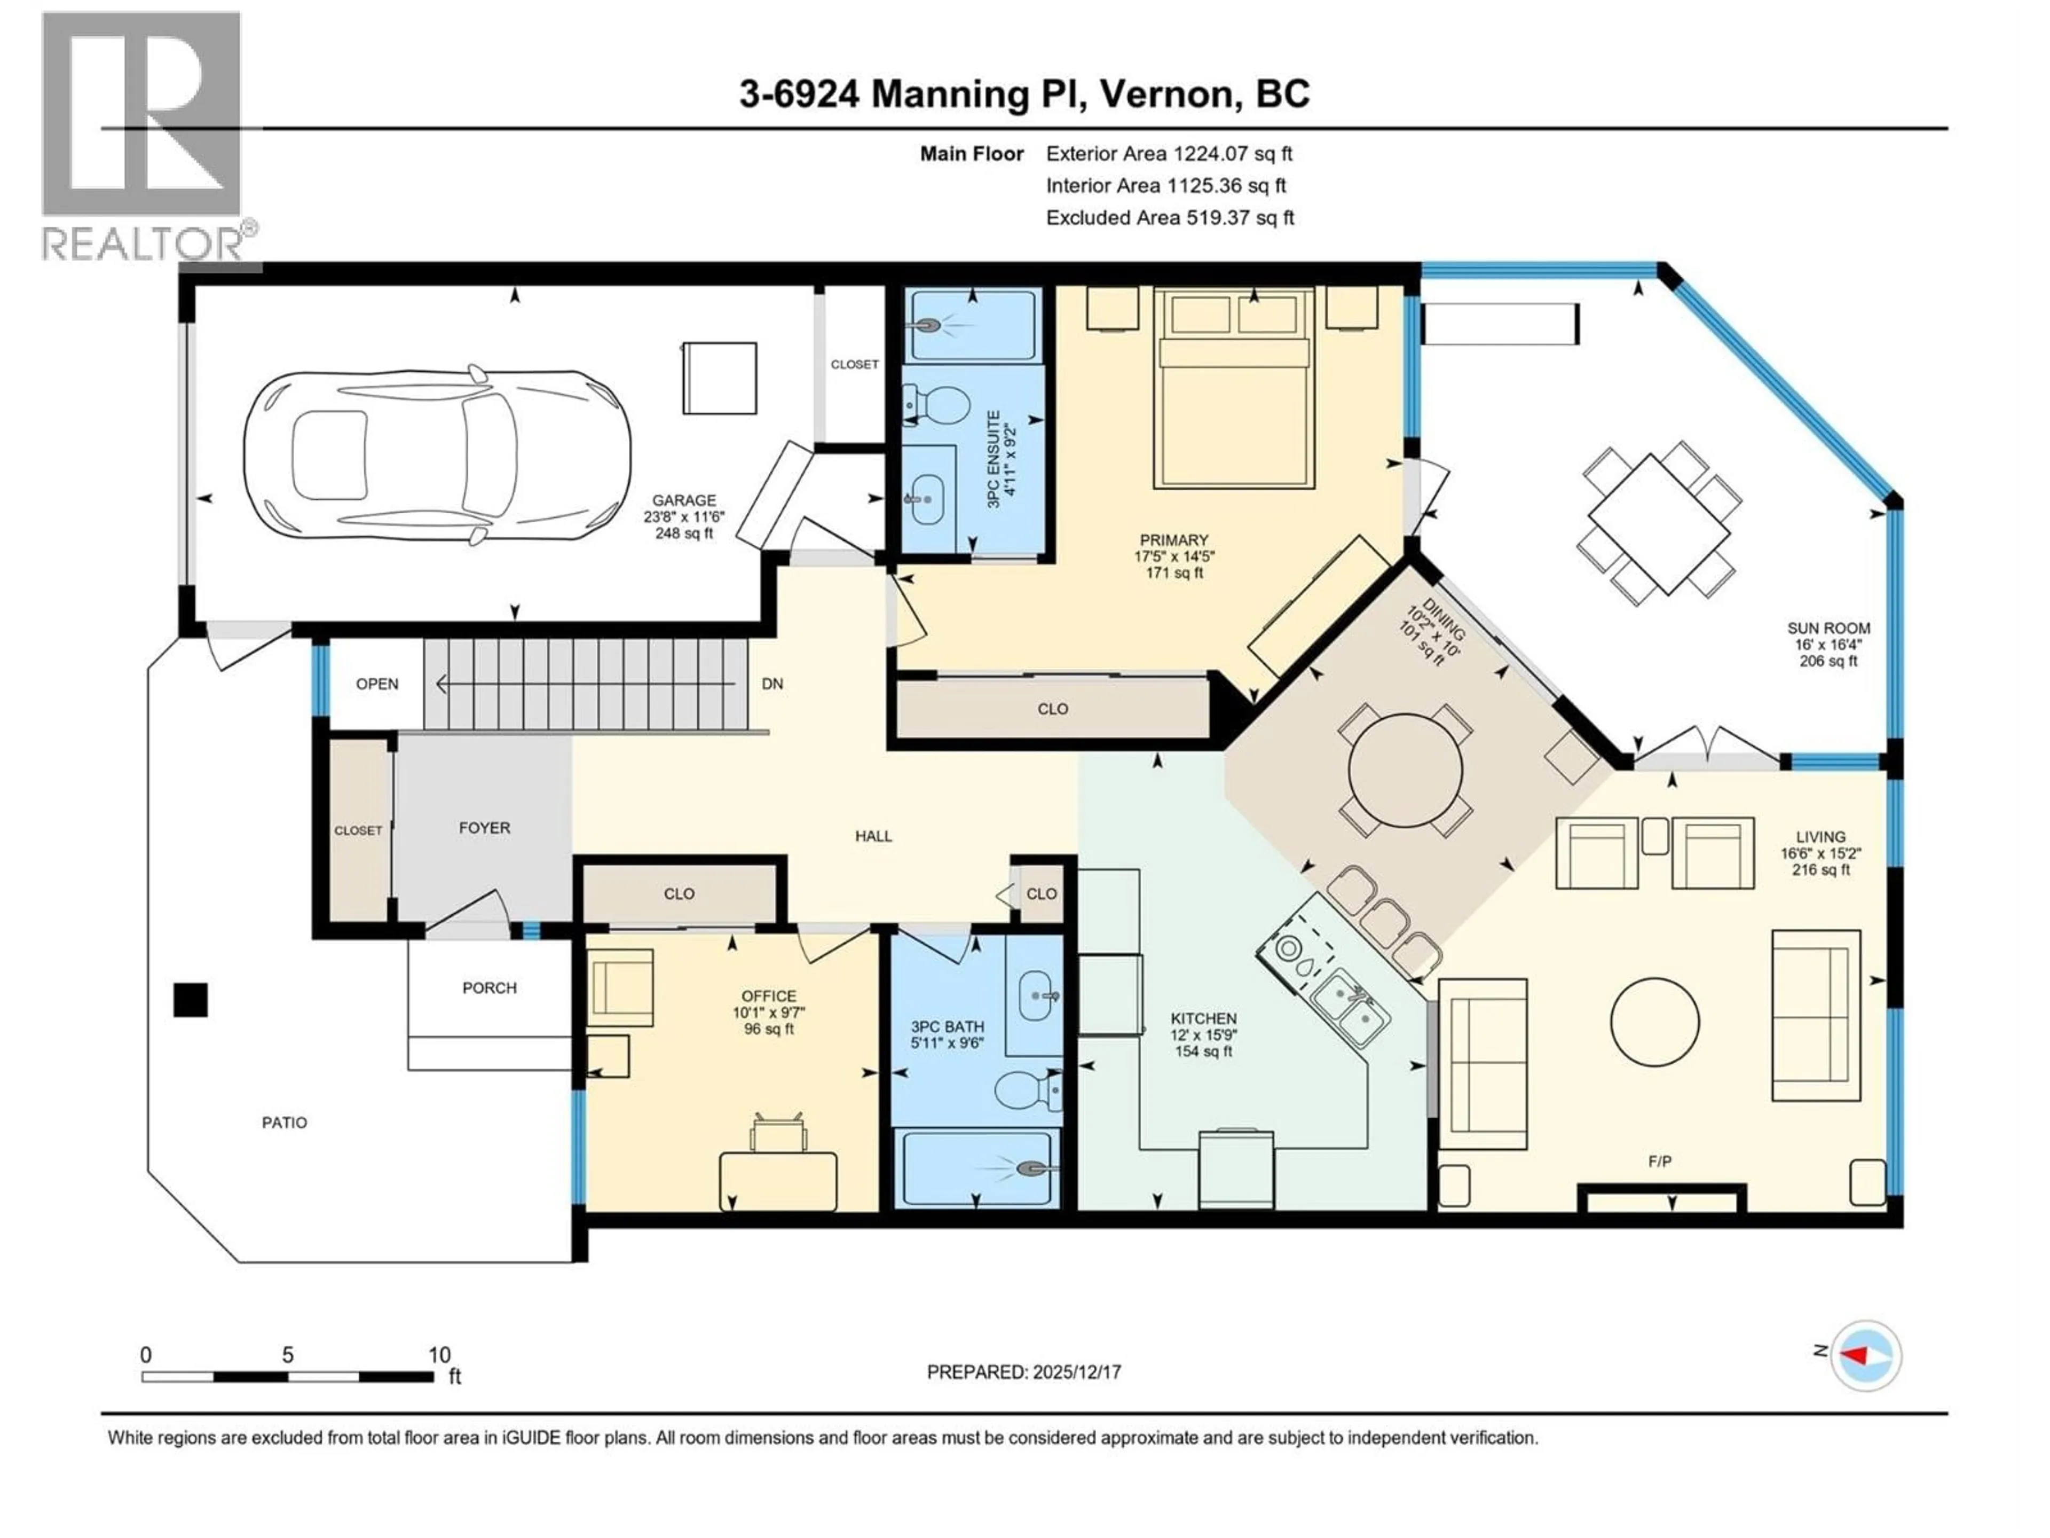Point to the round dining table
point(1405,770)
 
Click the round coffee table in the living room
point(1654,1023)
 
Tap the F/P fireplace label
point(1660,1160)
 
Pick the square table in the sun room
point(1659,524)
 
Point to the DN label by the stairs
point(772,684)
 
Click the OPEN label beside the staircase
point(377,684)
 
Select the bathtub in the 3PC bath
point(975,1168)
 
